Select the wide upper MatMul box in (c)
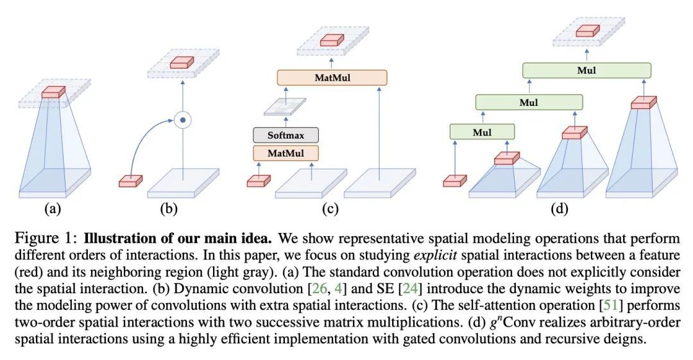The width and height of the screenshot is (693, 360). pyautogui.click(x=332, y=78)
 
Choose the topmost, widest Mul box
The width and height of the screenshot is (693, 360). pyautogui.click(x=586, y=71)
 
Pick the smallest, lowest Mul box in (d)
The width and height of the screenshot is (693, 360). pyautogui.click(x=482, y=132)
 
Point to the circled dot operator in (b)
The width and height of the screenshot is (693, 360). pyautogui.click(x=183, y=119)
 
